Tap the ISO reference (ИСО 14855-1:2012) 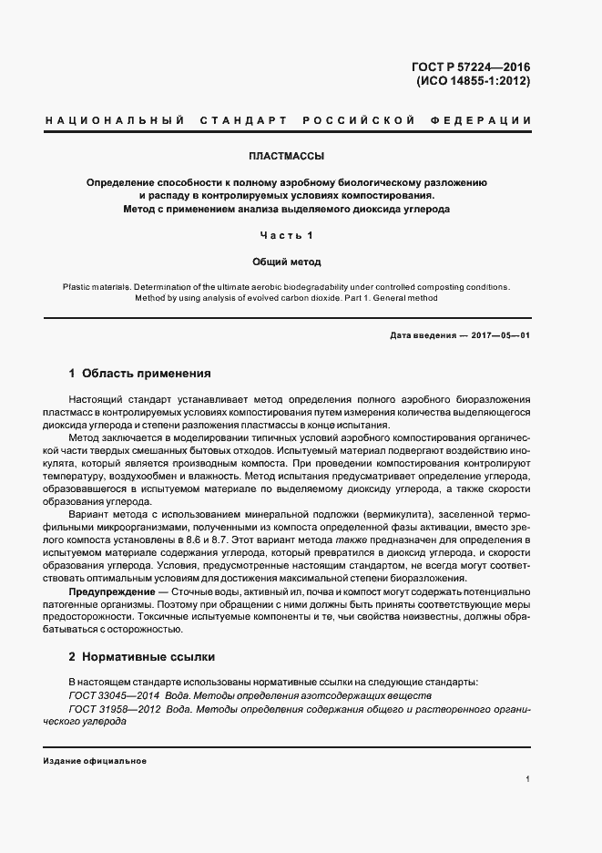[x=473, y=80]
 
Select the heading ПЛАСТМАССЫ [x=286, y=156]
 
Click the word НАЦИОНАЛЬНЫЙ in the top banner [x=115, y=120]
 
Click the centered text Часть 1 [x=286, y=235]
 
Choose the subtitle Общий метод [x=286, y=262]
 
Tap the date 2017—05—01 [x=501, y=335]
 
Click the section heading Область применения [x=147, y=374]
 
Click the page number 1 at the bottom [x=527, y=779]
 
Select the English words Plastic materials [x=97, y=286]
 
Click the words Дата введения [x=422, y=335]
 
